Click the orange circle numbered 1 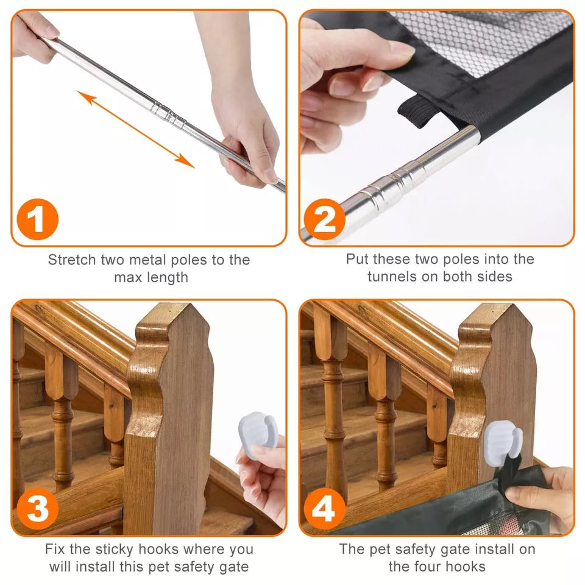pos(38,219)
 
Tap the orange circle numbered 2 pos(325,219)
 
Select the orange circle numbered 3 pos(38,509)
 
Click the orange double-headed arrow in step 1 pos(136,129)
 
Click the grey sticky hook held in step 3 pos(257,434)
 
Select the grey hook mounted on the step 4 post pos(502,443)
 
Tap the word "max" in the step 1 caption pos(128,278)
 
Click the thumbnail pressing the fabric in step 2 pos(399,49)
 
